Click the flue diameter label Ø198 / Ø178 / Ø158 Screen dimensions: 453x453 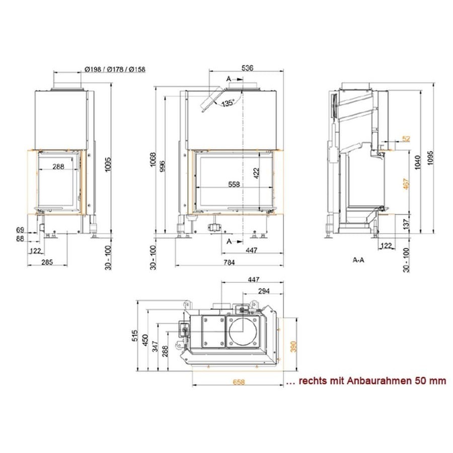115,69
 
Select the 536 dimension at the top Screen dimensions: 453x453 247,68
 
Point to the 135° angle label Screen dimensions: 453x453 228,103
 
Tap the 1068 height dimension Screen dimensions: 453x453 153,159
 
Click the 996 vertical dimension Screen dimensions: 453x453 163,166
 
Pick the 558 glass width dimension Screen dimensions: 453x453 234,184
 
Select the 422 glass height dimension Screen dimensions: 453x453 257,173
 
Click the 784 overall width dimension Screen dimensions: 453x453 230,262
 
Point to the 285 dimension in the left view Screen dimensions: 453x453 47,262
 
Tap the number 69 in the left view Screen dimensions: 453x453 20,230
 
